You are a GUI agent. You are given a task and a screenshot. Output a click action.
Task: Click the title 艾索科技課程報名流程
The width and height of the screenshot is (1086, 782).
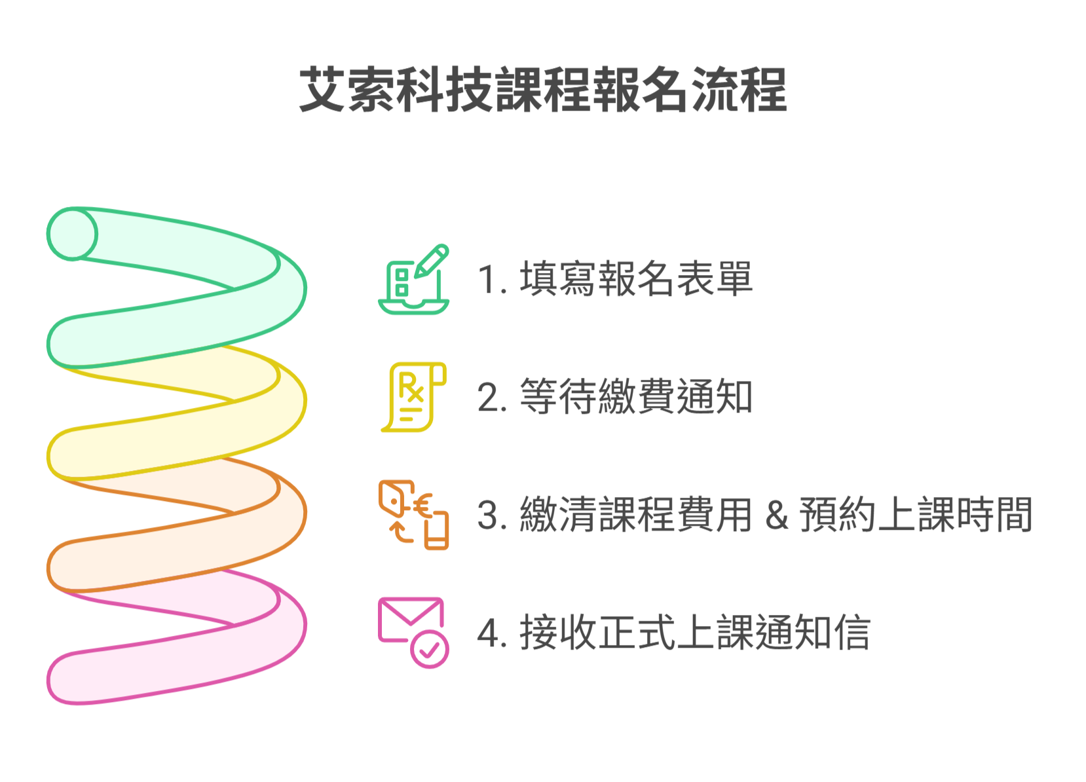[x=543, y=90]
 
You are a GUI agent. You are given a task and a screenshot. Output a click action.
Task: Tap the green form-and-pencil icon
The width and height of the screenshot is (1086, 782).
[x=414, y=280]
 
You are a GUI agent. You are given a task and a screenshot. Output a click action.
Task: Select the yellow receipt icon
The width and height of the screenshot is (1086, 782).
[x=414, y=397]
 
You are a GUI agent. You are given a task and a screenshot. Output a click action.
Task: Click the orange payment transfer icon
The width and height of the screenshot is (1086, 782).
[x=414, y=515]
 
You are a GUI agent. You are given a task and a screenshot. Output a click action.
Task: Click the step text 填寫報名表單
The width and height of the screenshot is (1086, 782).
[x=636, y=279]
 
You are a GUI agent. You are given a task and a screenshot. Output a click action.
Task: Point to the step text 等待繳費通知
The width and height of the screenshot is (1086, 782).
[x=636, y=397]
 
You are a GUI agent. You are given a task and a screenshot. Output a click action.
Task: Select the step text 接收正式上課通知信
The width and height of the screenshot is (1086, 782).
[x=695, y=633]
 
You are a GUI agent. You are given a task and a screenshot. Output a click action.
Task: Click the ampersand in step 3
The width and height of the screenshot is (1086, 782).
[x=776, y=515]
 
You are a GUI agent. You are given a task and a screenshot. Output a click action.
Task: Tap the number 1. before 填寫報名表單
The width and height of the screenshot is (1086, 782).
[x=492, y=280]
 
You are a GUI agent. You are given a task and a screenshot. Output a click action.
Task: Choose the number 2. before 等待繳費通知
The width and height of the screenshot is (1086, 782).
[x=493, y=398]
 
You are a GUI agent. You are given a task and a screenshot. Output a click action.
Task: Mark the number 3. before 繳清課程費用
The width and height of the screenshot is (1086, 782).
[x=493, y=515]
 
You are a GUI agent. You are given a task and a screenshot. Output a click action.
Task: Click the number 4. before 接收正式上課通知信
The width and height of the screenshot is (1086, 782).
[x=493, y=633]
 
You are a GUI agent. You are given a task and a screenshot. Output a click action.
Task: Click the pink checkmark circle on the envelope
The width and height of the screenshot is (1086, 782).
[x=430, y=649]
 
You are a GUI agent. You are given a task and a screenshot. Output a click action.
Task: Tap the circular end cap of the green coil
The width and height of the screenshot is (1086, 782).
[x=72, y=234]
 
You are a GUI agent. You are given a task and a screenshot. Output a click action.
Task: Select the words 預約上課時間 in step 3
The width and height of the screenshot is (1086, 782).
[x=916, y=515]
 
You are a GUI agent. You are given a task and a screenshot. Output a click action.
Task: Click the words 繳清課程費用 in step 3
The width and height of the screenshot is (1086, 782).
[x=636, y=515]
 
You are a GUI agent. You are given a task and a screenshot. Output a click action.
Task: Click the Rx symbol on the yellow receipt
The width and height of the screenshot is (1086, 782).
[x=411, y=388]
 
